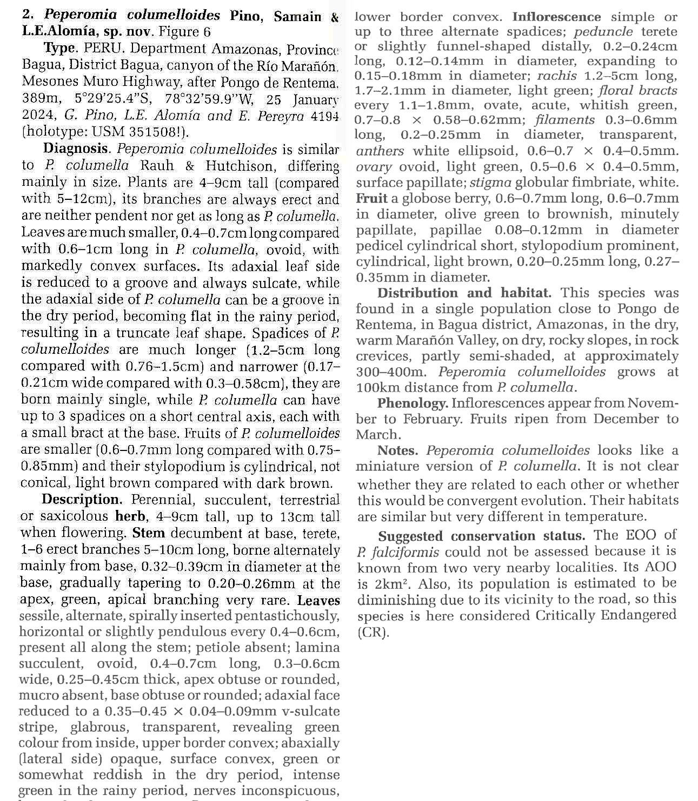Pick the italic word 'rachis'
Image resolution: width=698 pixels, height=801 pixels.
557,76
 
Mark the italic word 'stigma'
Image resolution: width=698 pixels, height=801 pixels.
490,183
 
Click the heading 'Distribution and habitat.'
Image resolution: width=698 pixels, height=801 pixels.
464,293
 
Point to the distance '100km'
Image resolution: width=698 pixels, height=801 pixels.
377,387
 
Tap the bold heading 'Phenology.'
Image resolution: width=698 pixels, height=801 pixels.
413,403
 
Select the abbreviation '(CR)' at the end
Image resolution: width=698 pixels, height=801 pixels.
373,632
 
